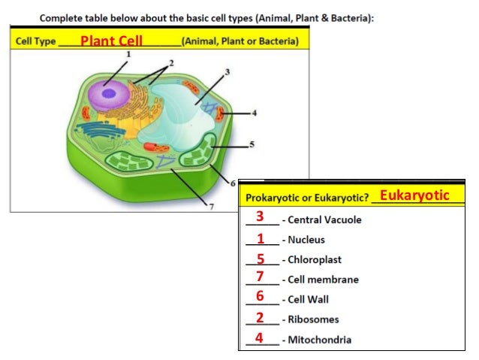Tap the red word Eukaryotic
(414, 195)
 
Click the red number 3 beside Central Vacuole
(260, 216)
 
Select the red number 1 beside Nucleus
(260, 239)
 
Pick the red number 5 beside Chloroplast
(260, 259)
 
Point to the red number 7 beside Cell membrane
(260, 277)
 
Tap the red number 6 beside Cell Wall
(260, 296)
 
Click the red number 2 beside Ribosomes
(260, 317)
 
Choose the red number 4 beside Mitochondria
(260, 337)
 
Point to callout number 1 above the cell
(128, 54)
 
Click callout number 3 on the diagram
(227, 71)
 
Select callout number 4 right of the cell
(254, 113)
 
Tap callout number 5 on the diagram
(252, 144)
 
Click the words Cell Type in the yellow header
(35, 41)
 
